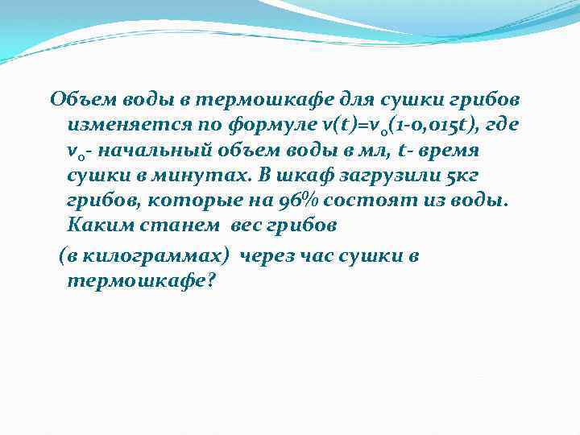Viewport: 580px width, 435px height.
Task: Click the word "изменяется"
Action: [118, 126]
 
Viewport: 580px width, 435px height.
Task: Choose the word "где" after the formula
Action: [499, 126]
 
